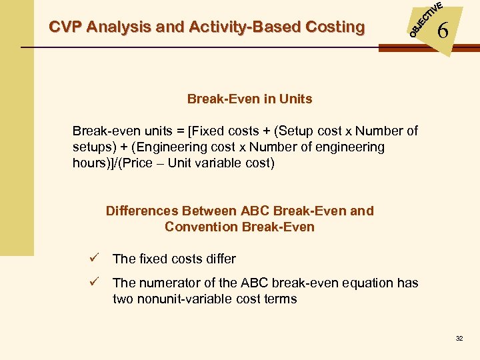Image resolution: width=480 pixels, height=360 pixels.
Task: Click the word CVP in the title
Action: (x=65, y=27)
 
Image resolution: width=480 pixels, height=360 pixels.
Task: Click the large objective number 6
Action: (x=442, y=31)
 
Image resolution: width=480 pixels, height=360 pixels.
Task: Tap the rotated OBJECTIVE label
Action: (x=425, y=19)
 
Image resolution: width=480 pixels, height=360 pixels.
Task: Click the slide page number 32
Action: (x=459, y=339)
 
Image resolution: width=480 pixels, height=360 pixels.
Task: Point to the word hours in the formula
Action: (x=89, y=163)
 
